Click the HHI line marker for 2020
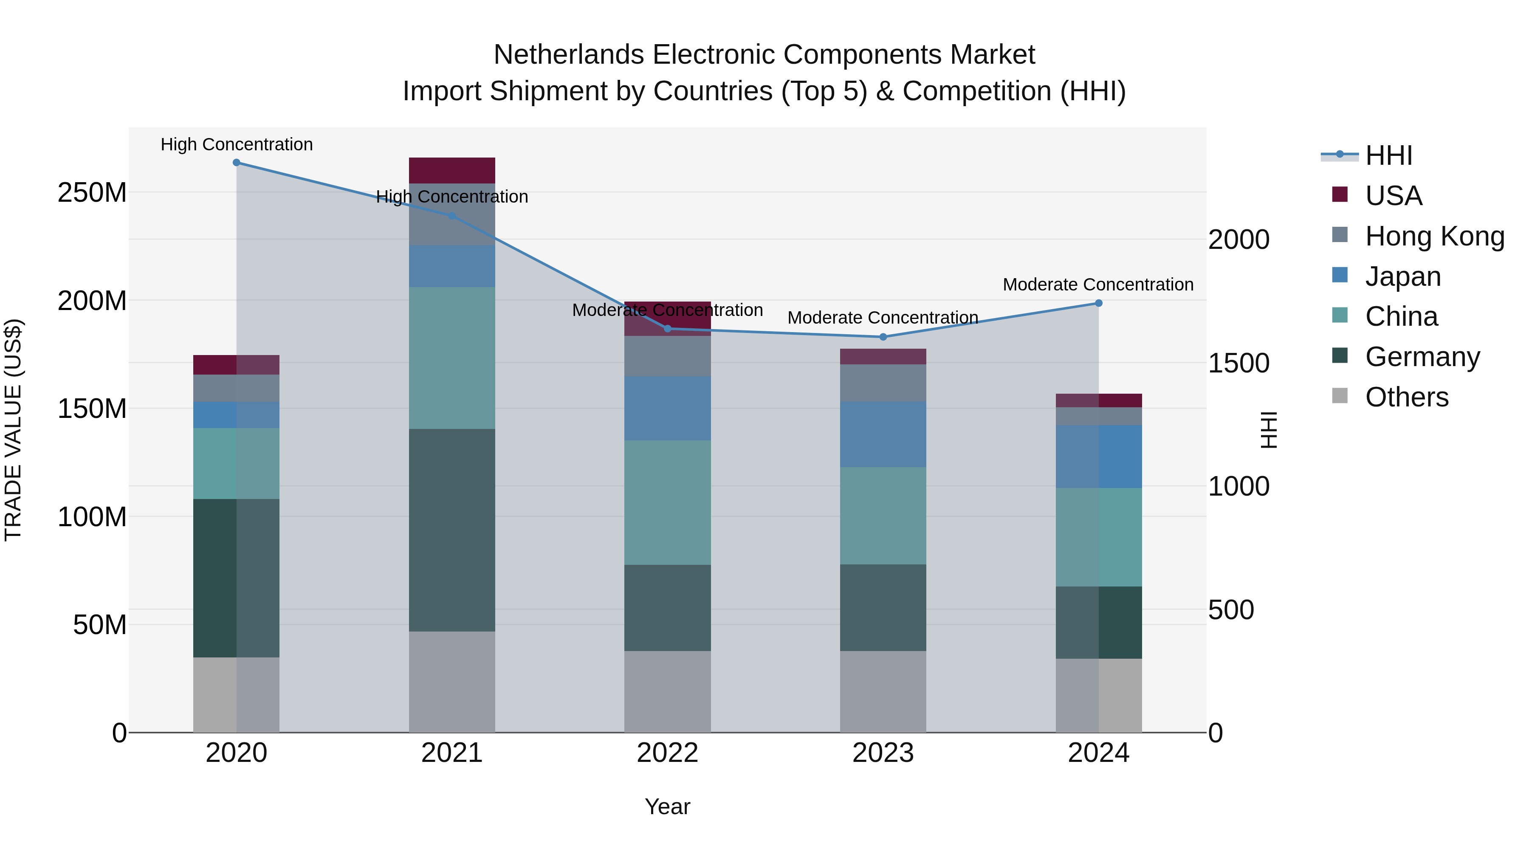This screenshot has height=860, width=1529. pyautogui.click(x=236, y=163)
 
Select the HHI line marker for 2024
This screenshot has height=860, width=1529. pyautogui.click(x=1098, y=303)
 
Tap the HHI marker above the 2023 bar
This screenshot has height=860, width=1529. pyautogui.click(x=883, y=337)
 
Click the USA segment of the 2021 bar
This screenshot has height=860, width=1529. pyautogui.click(x=452, y=170)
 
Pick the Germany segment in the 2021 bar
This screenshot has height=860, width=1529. pyautogui.click(x=452, y=530)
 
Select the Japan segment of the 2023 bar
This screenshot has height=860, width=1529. pyautogui.click(x=883, y=434)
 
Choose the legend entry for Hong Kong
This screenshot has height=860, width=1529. pyautogui.click(x=1434, y=236)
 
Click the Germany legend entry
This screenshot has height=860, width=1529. pyautogui.click(x=1422, y=357)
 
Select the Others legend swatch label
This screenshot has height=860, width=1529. pyautogui.click(x=1406, y=397)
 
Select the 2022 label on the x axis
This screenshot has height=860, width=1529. pyautogui.click(x=667, y=753)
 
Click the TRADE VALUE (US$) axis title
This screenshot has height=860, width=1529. pyautogui.click(x=13, y=430)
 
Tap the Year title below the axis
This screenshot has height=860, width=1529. pyautogui.click(x=667, y=806)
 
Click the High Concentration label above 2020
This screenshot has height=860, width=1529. pyautogui.click(x=236, y=144)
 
